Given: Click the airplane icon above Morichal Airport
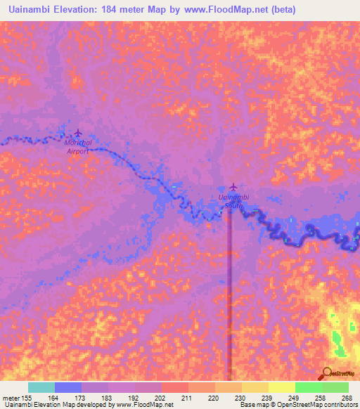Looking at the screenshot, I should tap(77, 133).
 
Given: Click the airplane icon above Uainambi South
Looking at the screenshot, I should tap(233, 187).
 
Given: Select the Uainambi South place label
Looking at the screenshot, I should tap(234, 202).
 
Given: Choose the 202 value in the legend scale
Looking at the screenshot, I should tap(161, 397).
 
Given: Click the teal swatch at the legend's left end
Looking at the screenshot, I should tap(41, 387).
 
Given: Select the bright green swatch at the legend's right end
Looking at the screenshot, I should tap(335, 387).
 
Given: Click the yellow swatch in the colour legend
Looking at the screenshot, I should tap(281, 387).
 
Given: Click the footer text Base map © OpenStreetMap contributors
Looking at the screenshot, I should tap(297, 405).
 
